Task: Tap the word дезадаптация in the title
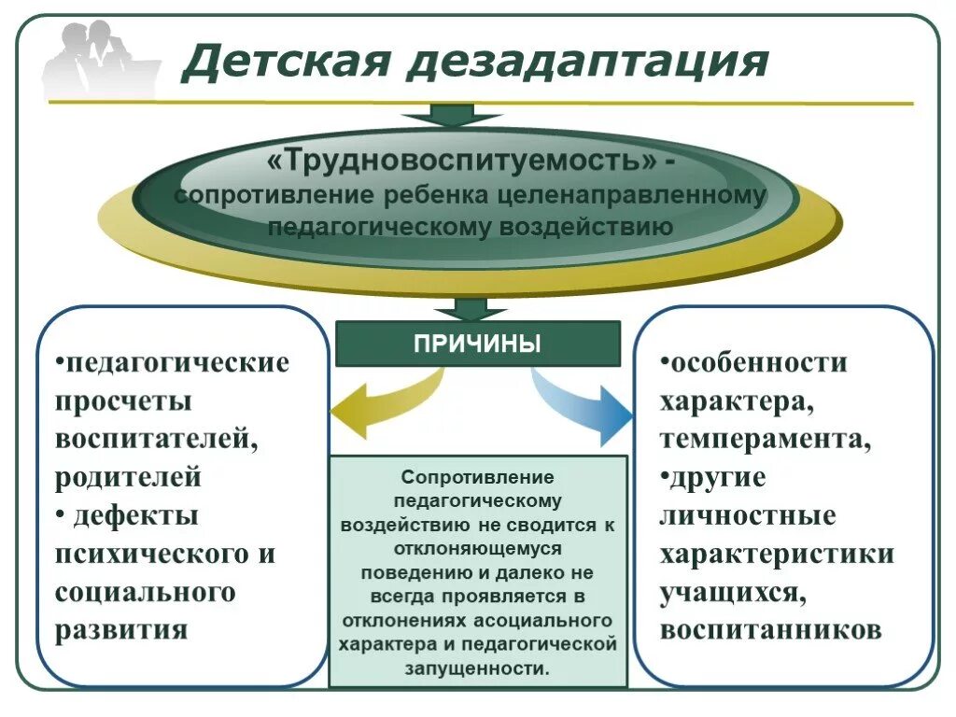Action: (x=588, y=63)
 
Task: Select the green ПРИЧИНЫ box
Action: (x=477, y=344)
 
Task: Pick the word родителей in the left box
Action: (x=129, y=477)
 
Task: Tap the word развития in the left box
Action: (x=122, y=629)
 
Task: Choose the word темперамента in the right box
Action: (x=766, y=439)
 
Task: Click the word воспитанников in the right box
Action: (x=770, y=629)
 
